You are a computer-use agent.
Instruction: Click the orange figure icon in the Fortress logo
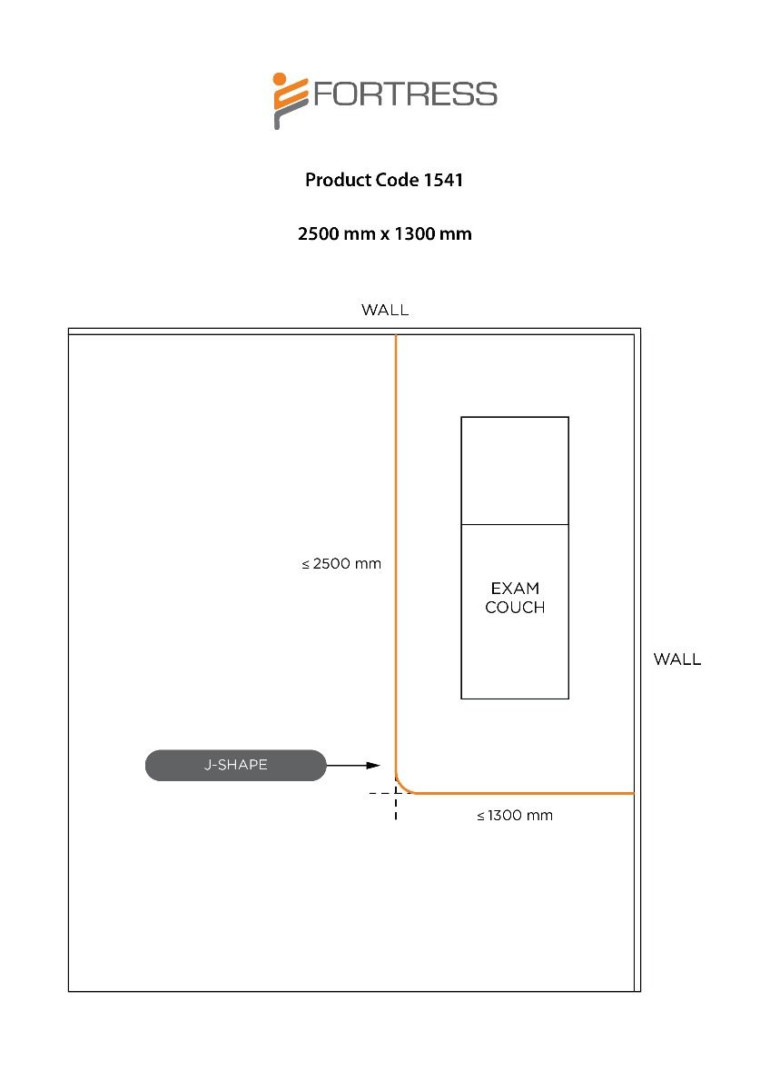[x=289, y=99]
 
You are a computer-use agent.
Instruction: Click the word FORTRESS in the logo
[x=405, y=94]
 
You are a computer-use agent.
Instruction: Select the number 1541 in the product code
[x=443, y=180]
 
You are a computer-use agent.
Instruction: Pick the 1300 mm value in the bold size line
[x=432, y=233]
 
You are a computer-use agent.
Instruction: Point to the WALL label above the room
[x=385, y=310]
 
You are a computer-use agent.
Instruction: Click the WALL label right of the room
[x=677, y=659]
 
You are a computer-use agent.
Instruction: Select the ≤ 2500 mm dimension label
[x=341, y=564]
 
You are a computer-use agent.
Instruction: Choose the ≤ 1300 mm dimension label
[x=515, y=816]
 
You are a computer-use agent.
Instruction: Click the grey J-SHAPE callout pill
[x=235, y=765]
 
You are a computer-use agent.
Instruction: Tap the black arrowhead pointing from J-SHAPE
[x=372, y=766]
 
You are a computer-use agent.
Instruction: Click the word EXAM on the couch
[x=515, y=589]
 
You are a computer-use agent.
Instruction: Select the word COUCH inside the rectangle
[x=515, y=608]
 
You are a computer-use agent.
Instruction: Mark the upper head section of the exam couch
[x=515, y=471]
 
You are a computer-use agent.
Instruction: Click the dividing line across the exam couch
[x=515, y=524]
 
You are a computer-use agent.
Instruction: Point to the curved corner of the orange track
[x=402, y=786]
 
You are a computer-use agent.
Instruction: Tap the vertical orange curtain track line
[x=396, y=545]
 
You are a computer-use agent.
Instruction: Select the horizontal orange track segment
[x=527, y=793]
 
